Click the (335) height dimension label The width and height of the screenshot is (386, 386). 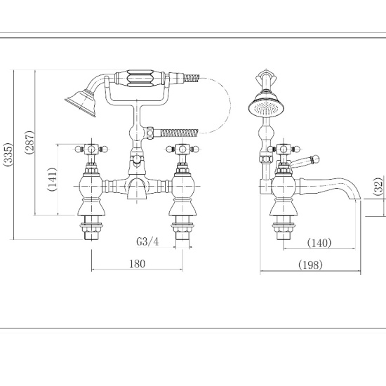[x=8, y=154]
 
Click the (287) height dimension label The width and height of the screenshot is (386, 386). [x=28, y=145]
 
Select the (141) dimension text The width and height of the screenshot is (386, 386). [x=51, y=180]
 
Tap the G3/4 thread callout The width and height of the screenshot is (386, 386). [x=147, y=242]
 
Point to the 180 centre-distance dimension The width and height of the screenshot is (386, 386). [x=138, y=264]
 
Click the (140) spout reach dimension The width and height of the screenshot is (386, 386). [x=319, y=243]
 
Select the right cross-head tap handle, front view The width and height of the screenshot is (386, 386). [x=182, y=149]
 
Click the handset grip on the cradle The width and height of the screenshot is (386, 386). [x=148, y=76]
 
